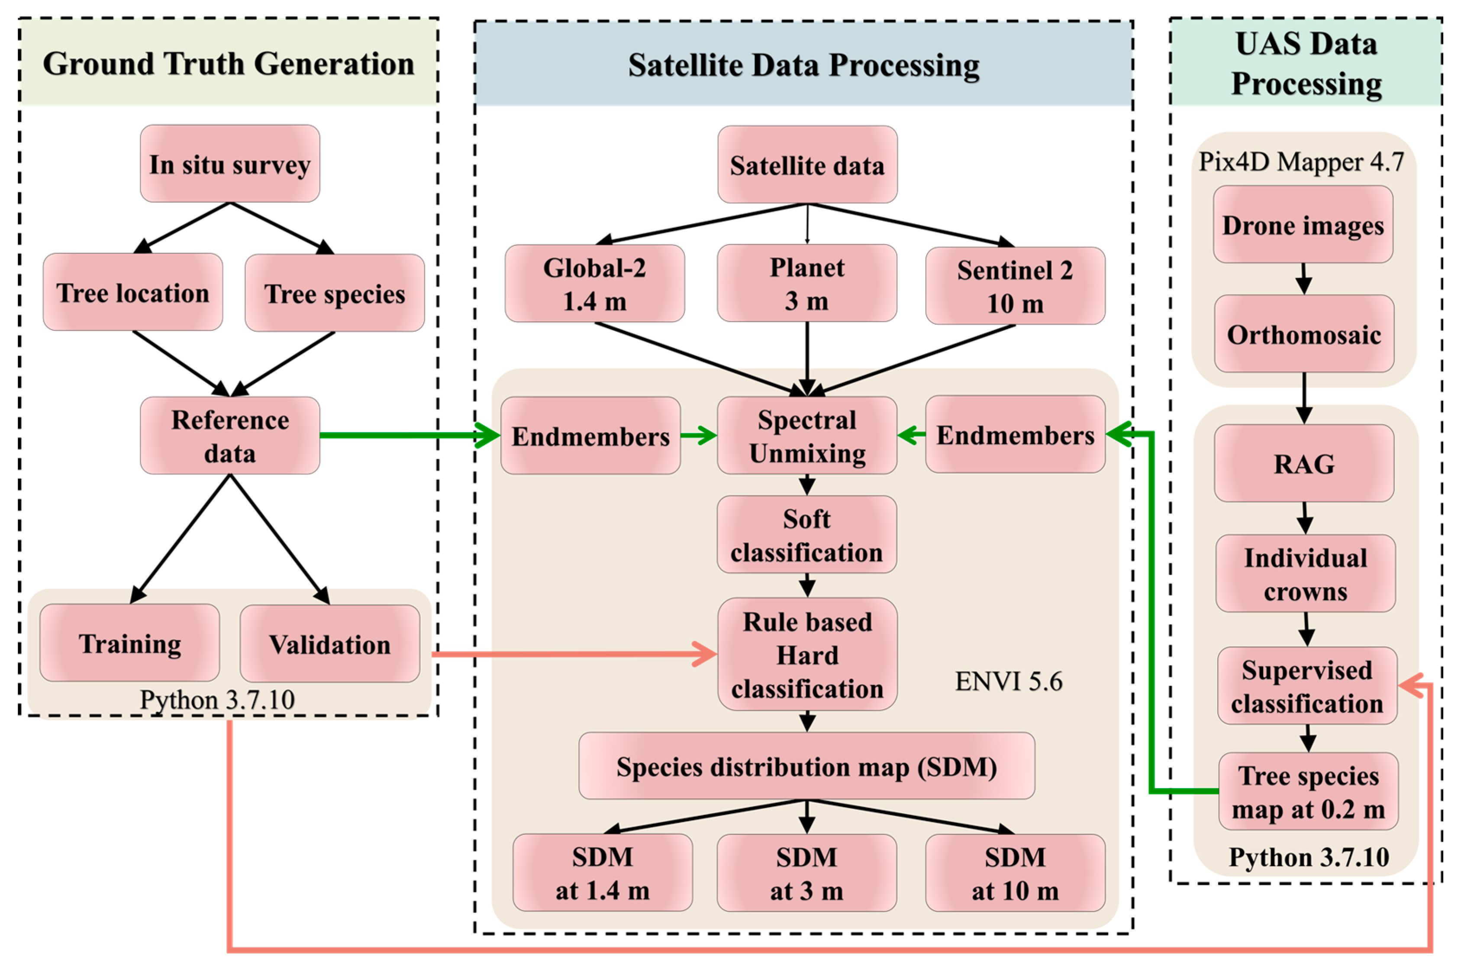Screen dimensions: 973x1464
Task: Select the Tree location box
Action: [x=133, y=292]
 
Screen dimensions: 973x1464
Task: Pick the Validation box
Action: [x=329, y=644]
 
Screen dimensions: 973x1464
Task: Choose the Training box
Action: [x=130, y=643]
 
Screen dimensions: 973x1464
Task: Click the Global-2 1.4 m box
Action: [x=594, y=284]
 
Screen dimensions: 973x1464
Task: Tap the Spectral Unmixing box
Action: [x=806, y=436]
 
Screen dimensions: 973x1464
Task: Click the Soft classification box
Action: [x=806, y=535]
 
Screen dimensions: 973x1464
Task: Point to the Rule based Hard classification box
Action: [x=807, y=655]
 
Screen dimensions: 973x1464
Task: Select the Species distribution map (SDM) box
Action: [x=806, y=766]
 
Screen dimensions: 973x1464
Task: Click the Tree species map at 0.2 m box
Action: [x=1308, y=792]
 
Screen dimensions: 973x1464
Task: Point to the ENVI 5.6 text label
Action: [x=1008, y=681]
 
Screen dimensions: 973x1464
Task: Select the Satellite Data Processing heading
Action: [x=803, y=65]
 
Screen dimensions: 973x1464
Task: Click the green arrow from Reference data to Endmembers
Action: [x=403, y=436]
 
